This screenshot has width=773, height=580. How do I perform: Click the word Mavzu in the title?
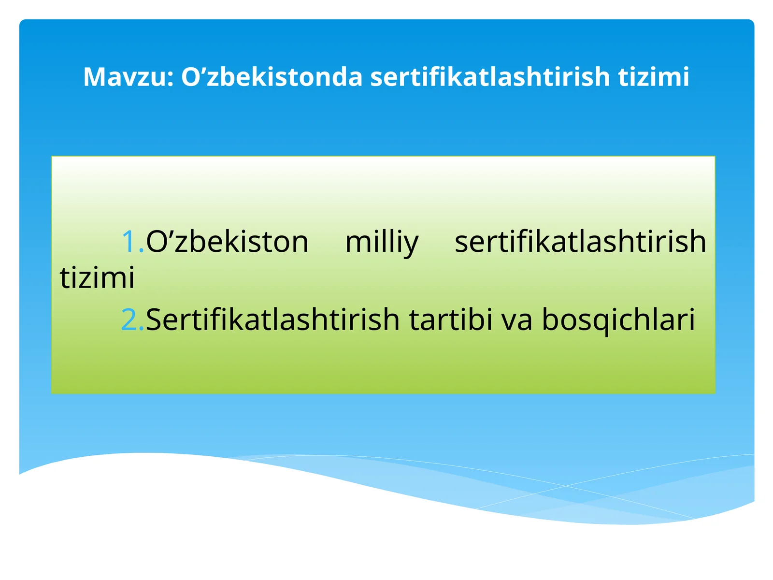(127, 77)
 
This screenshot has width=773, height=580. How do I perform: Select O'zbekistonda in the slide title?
(272, 77)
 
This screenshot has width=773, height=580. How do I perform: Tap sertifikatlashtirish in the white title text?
(490, 77)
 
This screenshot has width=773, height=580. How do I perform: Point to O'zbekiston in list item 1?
(227, 242)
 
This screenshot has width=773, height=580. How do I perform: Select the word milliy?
(382, 243)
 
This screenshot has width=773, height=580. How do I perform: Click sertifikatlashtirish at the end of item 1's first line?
(580, 242)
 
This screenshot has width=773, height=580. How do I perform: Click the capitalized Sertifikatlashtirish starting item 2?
(272, 320)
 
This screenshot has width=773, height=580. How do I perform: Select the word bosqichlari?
(618, 320)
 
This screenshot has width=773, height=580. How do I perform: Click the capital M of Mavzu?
(94, 77)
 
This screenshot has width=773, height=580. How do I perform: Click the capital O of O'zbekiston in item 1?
(155, 242)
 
